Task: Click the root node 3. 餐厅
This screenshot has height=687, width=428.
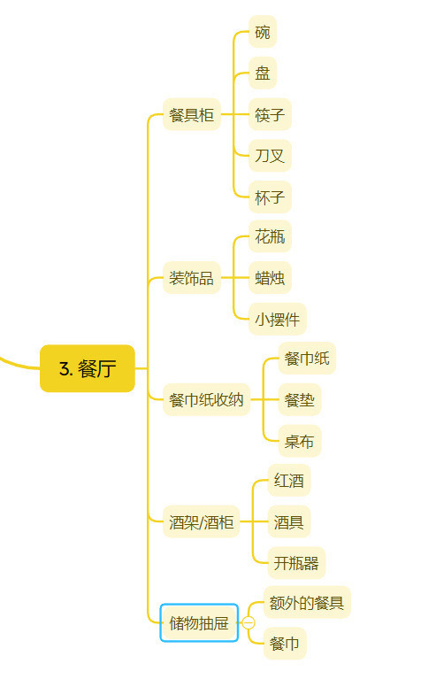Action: (x=88, y=368)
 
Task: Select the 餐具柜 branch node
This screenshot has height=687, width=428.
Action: (x=192, y=114)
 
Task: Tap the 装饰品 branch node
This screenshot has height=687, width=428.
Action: (x=192, y=278)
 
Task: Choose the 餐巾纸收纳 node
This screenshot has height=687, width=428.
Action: (x=207, y=399)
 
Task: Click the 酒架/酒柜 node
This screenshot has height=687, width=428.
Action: (x=202, y=521)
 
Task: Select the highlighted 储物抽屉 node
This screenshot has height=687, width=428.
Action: (x=199, y=622)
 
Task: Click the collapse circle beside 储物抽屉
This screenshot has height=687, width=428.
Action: (x=248, y=622)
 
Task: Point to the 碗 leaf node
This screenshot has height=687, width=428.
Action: (x=263, y=32)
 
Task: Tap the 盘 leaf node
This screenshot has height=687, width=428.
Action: (x=263, y=73)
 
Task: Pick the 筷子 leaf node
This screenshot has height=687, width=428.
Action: (x=270, y=114)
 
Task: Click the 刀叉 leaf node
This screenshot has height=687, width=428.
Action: (x=270, y=156)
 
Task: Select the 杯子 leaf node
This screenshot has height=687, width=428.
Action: (x=270, y=197)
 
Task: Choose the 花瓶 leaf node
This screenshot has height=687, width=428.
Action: (x=270, y=236)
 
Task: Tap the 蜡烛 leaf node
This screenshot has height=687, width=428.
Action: (x=270, y=278)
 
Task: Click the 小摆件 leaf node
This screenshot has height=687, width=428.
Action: (x=278, y=319)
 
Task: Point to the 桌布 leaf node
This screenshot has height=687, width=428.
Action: (x=300, y=441)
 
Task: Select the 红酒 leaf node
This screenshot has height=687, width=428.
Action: (x=289, y=481)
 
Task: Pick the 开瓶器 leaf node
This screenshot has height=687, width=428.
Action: (x=296, y=563)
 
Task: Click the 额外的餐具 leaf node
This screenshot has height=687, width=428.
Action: (x=307, y=602)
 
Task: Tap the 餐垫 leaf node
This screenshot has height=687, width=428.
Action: (x=300, y=399)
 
